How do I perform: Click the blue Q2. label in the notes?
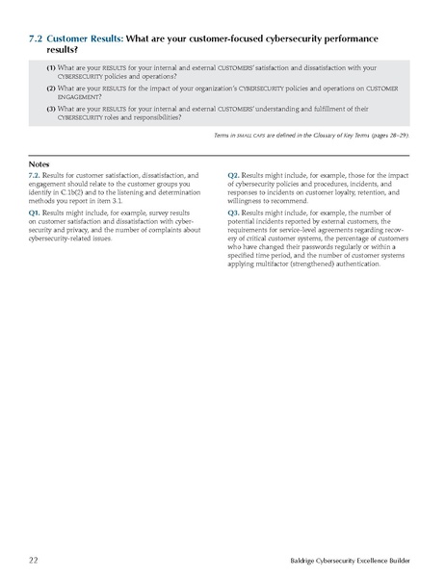(x=234, y=175)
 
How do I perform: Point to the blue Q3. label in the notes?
(x=234, y=211)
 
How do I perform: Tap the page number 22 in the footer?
(x=34, y=559)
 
